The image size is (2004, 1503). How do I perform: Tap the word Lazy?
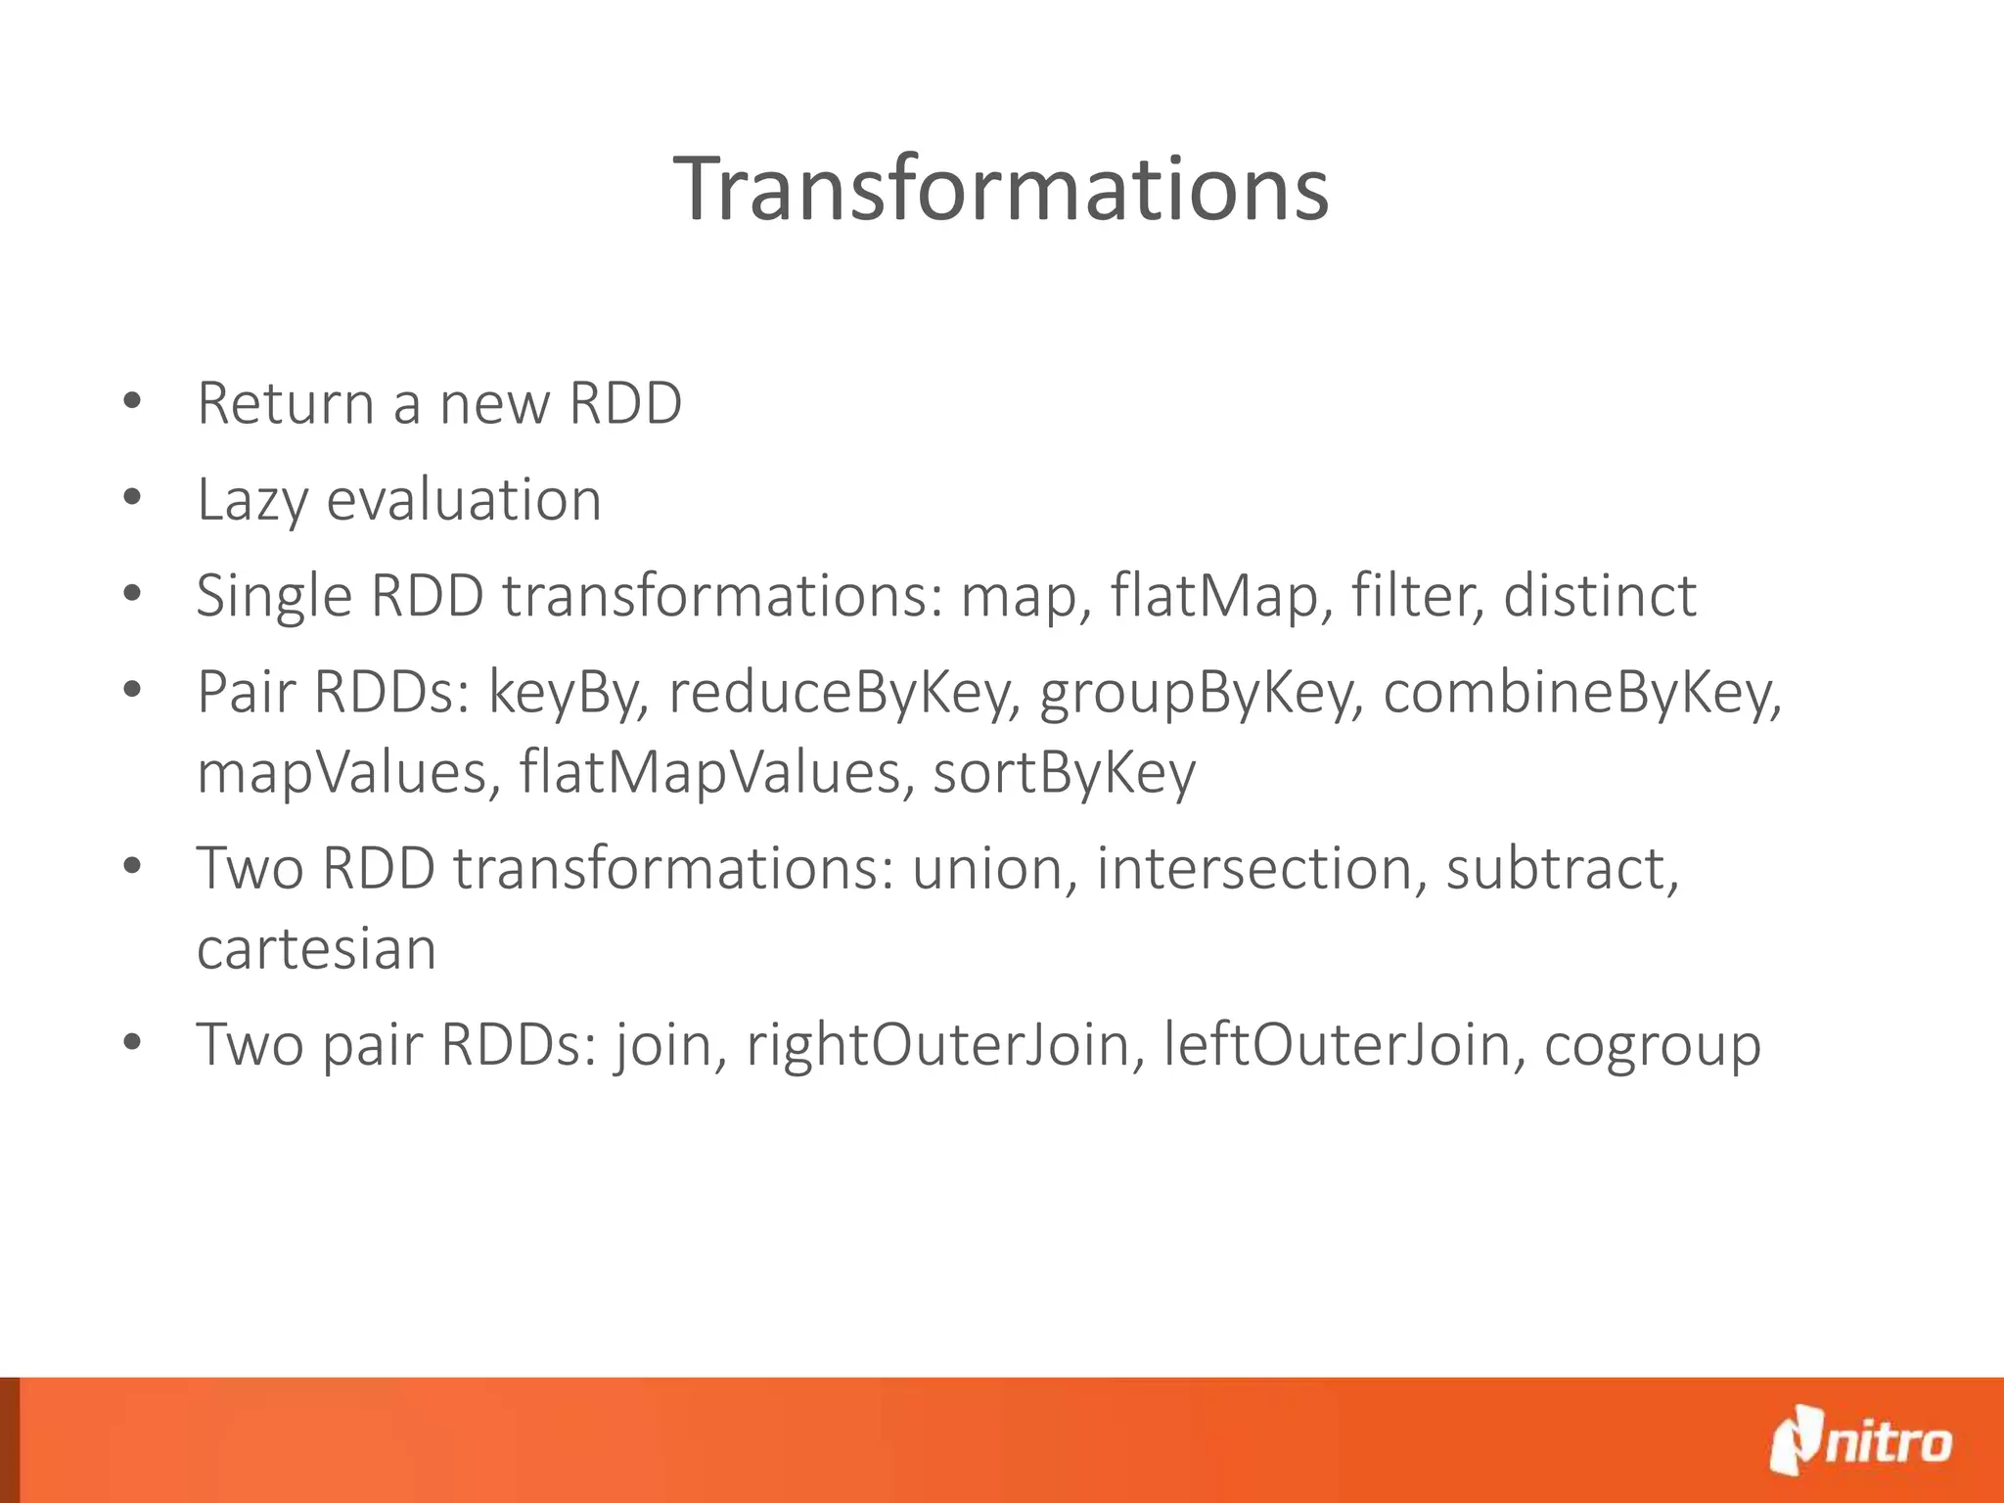252,500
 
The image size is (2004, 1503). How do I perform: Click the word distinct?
1599,596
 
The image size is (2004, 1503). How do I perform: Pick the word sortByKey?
1064,772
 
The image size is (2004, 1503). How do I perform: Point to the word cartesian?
316,948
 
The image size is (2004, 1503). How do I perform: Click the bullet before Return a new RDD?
133,402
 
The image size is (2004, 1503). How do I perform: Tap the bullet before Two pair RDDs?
133,1043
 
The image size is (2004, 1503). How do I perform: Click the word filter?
1417,596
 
